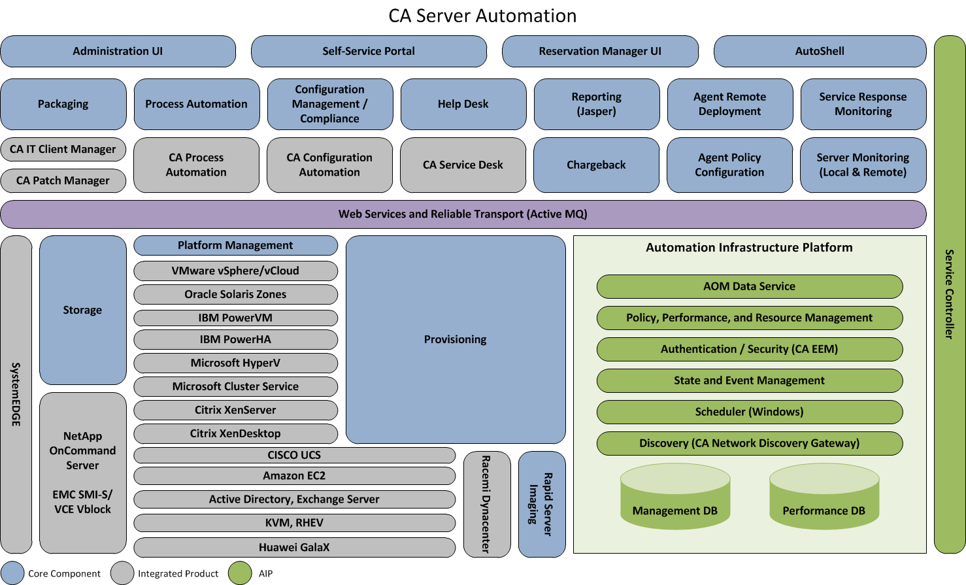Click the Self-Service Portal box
(x=369, y=51)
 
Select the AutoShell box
(x=820, y=51)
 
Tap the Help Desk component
(x=463, y=104)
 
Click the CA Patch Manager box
(x=63, y=180)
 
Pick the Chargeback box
(x=596, y=165)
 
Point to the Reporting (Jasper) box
(x=596, y=104)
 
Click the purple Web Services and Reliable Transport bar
(x=463, y=214)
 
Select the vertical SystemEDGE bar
(x=16, y=394)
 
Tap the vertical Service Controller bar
(x=950, y=294)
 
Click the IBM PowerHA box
(x=235, y=339)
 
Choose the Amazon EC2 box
(x=294, y=476)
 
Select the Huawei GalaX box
(x=294, y=547)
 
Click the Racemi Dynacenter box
(x=487, y=504)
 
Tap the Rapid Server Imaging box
(x=542, y=504)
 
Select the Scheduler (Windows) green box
(x=749, y=412)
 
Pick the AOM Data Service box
(x=749, y=286)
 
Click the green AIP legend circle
(x=240, y=573)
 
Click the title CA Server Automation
(x=482, y=16)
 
